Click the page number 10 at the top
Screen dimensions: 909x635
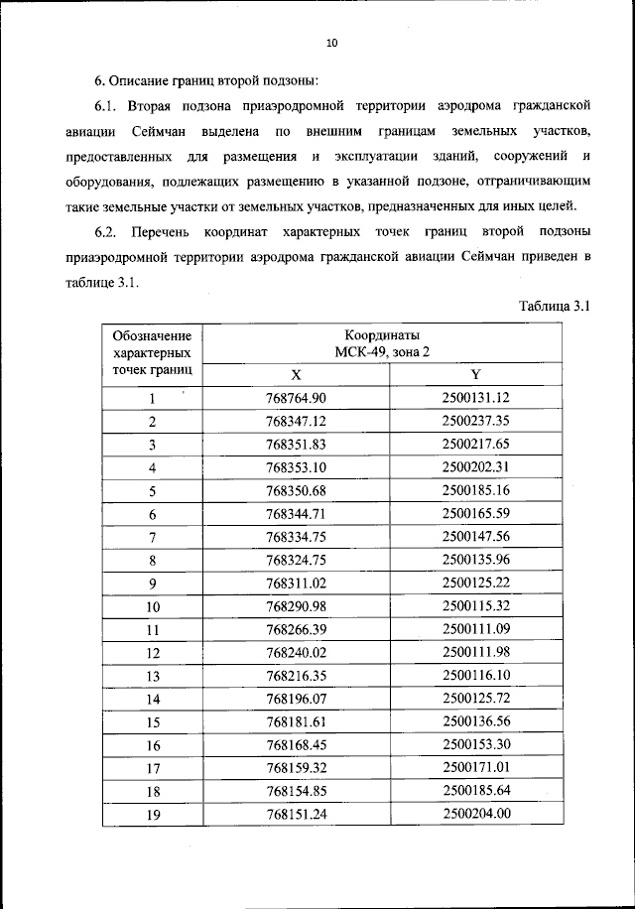[332, 43]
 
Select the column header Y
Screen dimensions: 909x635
[475, 374]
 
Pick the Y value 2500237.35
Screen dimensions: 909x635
[475, 421]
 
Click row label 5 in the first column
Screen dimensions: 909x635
[153, 490]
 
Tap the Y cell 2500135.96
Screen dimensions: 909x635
[475, 559]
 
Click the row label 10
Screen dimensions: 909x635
[153, 605]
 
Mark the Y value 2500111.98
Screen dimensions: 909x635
[475, 652]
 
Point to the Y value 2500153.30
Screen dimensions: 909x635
[475, 744]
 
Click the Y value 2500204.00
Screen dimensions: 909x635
[475, 814]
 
